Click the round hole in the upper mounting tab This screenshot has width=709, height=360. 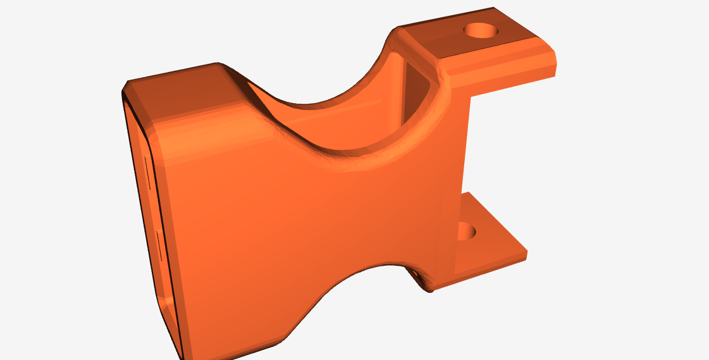[x=481, y=30]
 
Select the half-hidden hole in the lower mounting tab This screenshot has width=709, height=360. [x=466, y=231]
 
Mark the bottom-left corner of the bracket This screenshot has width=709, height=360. [x=185, y=357]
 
